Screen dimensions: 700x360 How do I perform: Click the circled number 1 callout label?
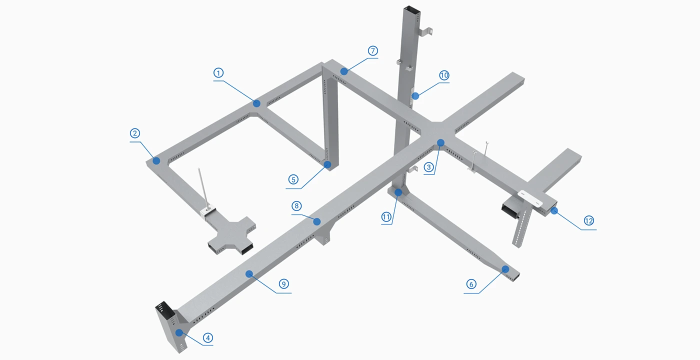(x=218, y=73)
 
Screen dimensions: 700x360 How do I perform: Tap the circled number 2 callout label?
(x=134, y=133)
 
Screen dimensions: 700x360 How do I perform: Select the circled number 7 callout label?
(x=373, y=50)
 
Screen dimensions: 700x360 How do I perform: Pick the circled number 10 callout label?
(x=444, y=75)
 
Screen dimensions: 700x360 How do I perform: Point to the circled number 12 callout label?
(x=589, y=221)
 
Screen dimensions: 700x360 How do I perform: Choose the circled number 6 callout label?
(x=471, y=284)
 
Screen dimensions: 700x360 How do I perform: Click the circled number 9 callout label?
(x=284, y=284)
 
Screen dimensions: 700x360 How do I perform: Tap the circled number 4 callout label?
(x=208, y=338)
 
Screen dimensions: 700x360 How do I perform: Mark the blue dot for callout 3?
(x=440, y=143)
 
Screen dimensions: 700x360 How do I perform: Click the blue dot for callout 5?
(x=327, y=164)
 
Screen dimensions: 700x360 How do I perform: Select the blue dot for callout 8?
(x=317, y=221)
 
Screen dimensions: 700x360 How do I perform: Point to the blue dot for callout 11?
(x=398, y=192)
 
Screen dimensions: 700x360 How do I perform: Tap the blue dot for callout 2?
(x=156, y=160)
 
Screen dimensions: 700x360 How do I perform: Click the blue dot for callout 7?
(x=344, y=71)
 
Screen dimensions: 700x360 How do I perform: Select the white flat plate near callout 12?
(x=530, y=198)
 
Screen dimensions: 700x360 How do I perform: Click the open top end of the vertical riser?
(x=412, y=10)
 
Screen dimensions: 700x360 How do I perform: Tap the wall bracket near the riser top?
(x=425, y=32)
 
